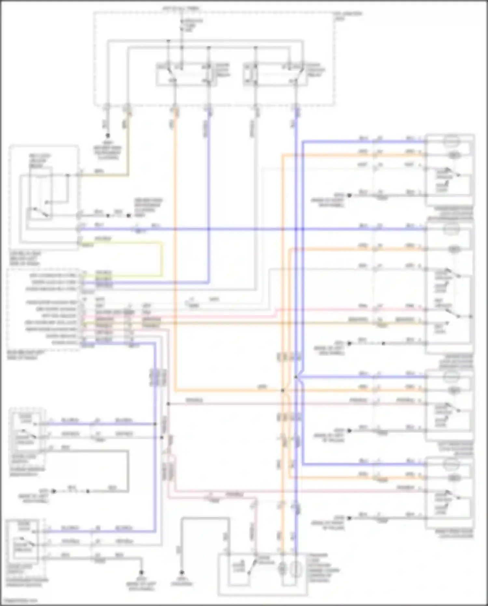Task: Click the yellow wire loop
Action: pyautogui.click(x=162, y=259)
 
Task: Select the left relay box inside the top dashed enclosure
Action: pyautogui.click(x=186, y=74)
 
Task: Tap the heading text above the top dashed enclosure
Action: pyautogui.click(x=181, y=8)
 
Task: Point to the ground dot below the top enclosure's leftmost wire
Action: pyautogui.click(x=107, y=135)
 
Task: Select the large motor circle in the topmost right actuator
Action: pyautogui.click(x=453, y=142)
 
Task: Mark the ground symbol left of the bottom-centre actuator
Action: pyautogui.click(x=182, y=572)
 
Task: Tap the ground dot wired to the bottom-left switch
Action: pyautogui.click(x=142, y=572)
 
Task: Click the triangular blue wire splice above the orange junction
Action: pyautogui.click(x=297, y=377)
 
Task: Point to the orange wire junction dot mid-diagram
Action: pyautogui.click(x=283, y=390)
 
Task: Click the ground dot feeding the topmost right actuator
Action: pyautogui.click(x=349, y=195)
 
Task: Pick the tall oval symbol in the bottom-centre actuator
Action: pyautogui.click(x=295, y=570)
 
